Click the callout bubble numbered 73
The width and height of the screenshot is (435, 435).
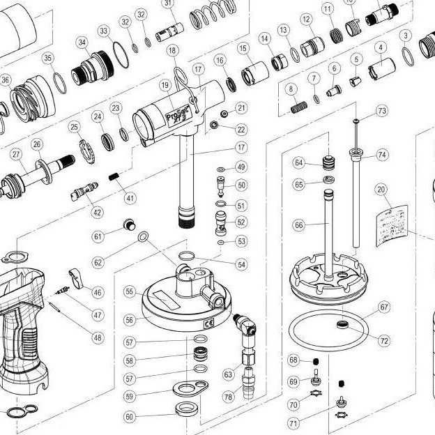(381, 111)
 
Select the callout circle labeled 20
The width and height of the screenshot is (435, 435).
(381, 189)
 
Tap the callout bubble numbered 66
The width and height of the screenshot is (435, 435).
(299, 226)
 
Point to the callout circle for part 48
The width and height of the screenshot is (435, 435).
(97, 337)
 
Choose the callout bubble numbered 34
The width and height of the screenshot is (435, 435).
(83, 43)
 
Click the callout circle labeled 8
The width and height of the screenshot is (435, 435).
(291, 89)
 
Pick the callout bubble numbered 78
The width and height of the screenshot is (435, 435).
(228, 397)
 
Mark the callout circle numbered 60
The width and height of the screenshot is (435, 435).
(129, 416)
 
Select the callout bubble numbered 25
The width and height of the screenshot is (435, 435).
(74, 126)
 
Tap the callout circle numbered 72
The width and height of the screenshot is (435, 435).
(384, 340)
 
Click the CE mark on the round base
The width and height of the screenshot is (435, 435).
(208, 323)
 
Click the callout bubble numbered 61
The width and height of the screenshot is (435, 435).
(98, 236)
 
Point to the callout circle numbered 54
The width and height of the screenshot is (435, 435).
(241, 265)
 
